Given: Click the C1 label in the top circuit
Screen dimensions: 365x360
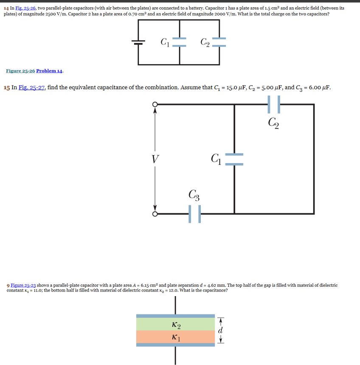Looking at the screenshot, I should click(x=165, y=42).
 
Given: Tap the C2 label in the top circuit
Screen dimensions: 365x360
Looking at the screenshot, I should click(x=205, y=42).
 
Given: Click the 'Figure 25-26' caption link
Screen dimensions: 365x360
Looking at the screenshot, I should click(x=20, y=71).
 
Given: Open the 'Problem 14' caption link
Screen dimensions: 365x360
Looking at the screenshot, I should click(x=50, y=71).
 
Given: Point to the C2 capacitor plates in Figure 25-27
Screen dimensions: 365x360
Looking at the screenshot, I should click(x=274, y=104).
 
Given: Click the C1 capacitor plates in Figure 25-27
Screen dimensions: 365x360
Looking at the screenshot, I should click(x=234, y=159).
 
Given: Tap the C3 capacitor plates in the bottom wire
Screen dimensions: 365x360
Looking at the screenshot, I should click(x=194, y=214).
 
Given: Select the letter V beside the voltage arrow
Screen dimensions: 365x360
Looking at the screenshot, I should click(x=155, y=159).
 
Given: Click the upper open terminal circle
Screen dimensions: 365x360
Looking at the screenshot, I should click(x=155, y=104).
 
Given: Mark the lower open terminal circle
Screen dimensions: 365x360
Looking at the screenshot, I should click(x=155, y=214).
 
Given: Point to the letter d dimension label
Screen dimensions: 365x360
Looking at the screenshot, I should click(x=220, y=330).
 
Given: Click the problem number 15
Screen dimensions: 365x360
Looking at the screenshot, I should click(x=6, y=88).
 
